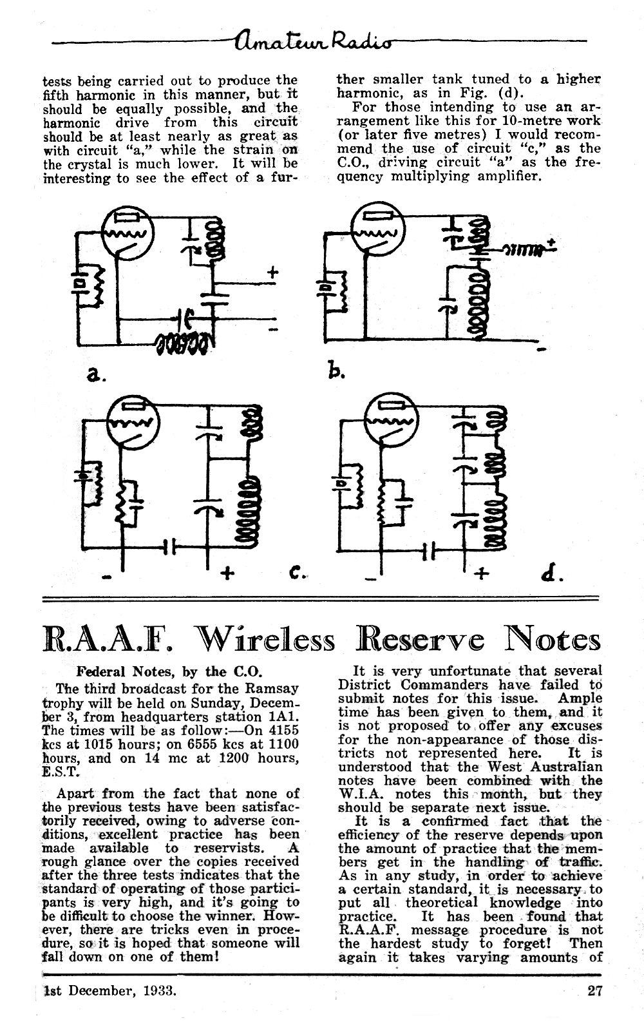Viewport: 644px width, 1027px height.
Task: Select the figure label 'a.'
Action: coord(96,376)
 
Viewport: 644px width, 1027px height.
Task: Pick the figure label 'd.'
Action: coord(552,573)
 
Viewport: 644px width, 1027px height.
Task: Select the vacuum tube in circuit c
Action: coord(133,423)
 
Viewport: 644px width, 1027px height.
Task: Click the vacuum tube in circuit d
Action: coord(392,419)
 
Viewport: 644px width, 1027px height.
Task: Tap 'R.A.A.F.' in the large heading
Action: coord(108,640)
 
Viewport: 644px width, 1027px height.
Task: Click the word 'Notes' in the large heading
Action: coord(553,640)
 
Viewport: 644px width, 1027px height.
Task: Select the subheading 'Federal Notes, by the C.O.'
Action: coord(169,672)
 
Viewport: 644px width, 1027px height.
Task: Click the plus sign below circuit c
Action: coord(227,573)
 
